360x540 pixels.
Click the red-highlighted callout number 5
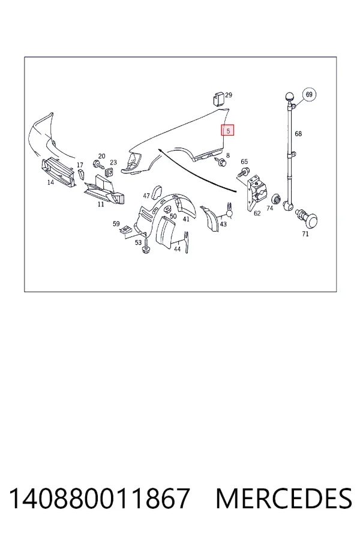click(228, 130)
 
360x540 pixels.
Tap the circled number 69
click(309, 94)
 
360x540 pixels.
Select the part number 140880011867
click(99, 498)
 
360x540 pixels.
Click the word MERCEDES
click(284, 498)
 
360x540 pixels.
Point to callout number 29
click(229, 95)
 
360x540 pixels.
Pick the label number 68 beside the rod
click(298, 134)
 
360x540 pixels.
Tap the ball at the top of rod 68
click(289, 97)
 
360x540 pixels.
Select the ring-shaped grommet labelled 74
click(276, 199)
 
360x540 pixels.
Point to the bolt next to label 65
click(244, 172)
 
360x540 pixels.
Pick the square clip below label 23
click(110, 171)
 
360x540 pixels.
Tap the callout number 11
click(101, 204)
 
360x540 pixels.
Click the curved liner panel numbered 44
click(166, 232)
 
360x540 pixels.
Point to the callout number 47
click(146, 196)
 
